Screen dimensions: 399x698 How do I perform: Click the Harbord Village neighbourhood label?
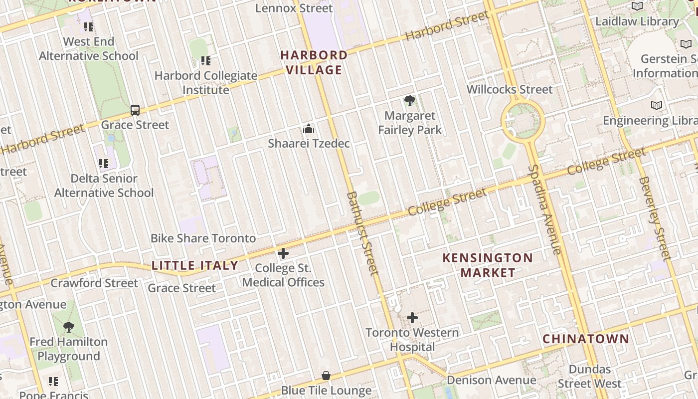[x=314, y=62]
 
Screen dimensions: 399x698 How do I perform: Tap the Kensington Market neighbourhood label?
[x=488, y=265]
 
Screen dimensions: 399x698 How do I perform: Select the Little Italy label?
[x=195, y=265]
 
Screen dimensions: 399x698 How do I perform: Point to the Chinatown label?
[x=586, y=339]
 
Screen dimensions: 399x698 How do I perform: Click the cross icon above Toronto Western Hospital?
[x=412, y=318]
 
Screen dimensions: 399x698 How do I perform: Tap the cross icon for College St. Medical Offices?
[x=283, y=253]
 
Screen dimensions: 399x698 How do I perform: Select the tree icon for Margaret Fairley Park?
[x=410, y=101]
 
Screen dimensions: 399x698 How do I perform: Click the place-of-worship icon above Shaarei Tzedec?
[x=309, y=129]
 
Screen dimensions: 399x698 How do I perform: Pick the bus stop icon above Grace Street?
[x=135, y=110]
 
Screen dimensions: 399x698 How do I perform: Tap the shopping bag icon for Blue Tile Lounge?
[x=326, y=376]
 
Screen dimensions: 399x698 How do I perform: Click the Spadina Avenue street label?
[x=545, y=209]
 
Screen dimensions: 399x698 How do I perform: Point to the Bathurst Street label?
[x=362, y=233]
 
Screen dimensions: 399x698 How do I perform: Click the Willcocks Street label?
[x=510, y=89]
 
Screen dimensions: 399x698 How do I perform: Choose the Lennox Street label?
[x=294, y=8]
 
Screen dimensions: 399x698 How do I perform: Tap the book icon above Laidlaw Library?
[x=637, y=6]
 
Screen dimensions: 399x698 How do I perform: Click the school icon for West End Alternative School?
[x=89, y=27]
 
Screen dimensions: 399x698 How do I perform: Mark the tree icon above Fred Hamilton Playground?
[x=69, y=327]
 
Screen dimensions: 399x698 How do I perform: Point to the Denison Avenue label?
[x=491, y=380]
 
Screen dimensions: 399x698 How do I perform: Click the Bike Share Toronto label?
[x=203, y=238]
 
